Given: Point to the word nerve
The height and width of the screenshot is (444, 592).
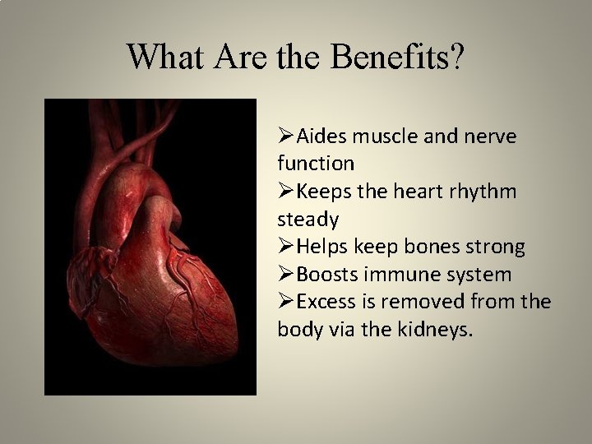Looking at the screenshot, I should (488, 136).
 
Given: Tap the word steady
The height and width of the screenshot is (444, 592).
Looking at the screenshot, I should (308, 219).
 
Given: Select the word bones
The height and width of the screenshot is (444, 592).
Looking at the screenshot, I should (428, 246).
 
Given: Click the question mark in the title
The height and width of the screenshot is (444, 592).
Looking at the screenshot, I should (456, 57).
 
